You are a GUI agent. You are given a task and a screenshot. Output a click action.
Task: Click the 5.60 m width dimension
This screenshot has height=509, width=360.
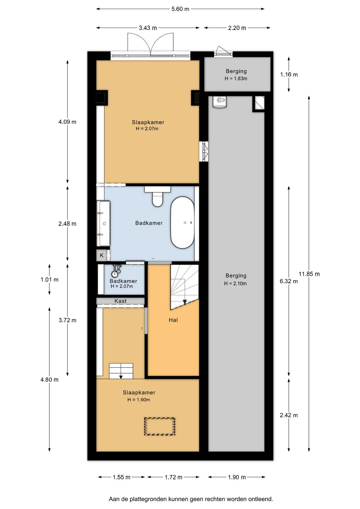(180, 9)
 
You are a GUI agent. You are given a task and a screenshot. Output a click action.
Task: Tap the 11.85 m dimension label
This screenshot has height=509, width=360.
(309, 274)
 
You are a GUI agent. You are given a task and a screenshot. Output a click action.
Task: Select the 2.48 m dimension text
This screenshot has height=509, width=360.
(67, 224)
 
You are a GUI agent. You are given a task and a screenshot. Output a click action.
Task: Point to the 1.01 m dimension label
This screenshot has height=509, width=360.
(50, 280)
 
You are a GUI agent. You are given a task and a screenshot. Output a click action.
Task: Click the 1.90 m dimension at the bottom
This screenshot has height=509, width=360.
(237, 477)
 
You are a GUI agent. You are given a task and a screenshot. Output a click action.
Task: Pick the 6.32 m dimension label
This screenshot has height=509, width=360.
(288, 281)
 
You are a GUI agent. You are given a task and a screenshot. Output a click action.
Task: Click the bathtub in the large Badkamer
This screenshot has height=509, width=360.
(182, 222)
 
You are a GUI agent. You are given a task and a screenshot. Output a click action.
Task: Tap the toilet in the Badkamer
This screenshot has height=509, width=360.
(157, 196)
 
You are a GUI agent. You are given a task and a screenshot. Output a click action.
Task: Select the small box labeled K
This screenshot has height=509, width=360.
(101, 255)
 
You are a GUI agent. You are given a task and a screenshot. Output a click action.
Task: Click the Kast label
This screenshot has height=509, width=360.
(121, 301)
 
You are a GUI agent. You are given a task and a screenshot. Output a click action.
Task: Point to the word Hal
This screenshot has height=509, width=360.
(173, 320)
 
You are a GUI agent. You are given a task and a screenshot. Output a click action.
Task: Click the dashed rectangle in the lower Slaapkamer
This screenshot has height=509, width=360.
(160, 427)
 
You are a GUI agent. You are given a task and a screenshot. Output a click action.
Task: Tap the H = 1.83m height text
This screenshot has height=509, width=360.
(236, 79)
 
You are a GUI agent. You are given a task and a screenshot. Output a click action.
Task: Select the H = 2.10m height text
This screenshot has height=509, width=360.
(235, 283)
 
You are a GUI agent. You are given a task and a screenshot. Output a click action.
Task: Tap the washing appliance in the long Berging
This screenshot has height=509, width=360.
(220, 101)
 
